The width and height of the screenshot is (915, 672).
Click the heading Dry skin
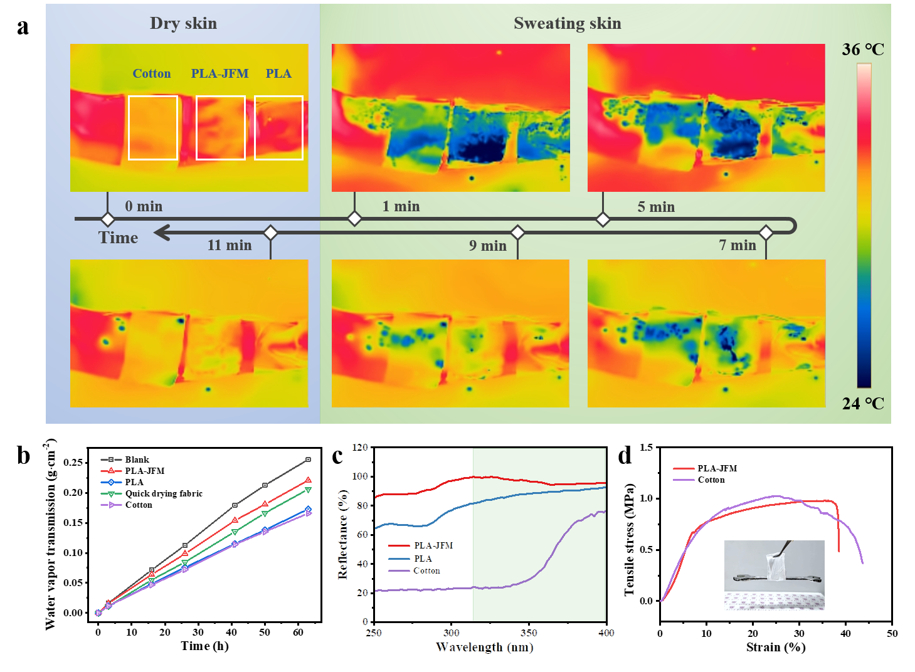coord(183,24)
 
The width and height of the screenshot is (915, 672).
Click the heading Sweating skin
coord(567,24)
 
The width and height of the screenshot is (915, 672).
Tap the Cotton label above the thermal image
coord(151,73)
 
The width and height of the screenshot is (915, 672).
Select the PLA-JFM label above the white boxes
coord(219,73)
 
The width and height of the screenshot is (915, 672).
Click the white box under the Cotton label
coord(153,127)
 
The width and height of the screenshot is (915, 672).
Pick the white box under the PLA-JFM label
coord(220,127)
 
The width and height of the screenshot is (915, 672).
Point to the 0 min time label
coord(144,206)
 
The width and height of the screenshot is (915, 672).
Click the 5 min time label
coord(656,207)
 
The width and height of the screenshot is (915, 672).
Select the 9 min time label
coord(487,246)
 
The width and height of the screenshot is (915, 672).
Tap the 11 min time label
coord(230,245)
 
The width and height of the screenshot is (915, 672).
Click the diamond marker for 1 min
coord(354,219)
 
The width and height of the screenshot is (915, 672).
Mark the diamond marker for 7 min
coord(766,233)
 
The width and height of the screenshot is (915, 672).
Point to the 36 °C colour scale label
coord(863,50)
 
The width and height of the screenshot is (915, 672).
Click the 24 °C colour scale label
coord(863,404)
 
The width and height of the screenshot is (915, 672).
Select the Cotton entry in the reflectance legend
coord(426,570)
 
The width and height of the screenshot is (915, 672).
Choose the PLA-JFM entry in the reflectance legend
coord(433,545)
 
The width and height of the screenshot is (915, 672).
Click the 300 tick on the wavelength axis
coord(451,633)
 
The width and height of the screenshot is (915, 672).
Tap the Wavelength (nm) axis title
coord(485,647)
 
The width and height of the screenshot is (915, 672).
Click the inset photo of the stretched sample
coord(775,575)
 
